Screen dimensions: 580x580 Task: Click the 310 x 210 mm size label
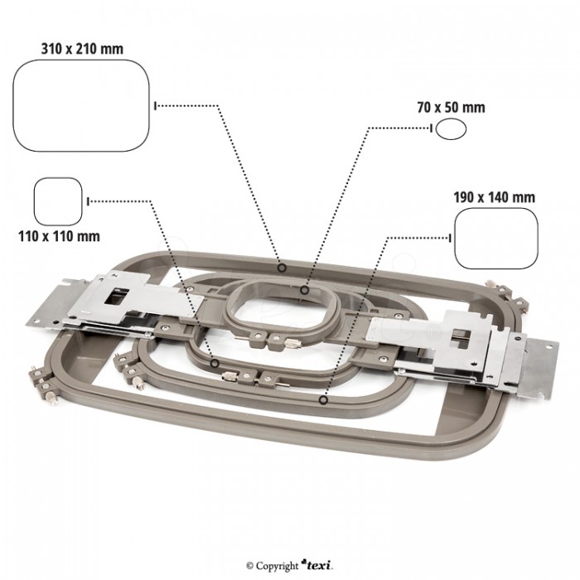[x=82, y=48]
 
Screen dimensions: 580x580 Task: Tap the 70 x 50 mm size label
[x=451, y=108]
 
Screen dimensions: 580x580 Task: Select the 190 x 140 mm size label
[x=494, y=198]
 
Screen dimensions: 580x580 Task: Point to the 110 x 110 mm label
[x=59, y=236]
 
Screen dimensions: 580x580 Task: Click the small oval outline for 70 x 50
[x=451, y=128]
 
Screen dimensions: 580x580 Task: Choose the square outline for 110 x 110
[x=58, y=201]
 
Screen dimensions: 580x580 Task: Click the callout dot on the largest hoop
[x=283, y=268]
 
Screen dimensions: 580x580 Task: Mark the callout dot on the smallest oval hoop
[x=306, y=291]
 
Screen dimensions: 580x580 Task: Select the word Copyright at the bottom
[x=278, y=565]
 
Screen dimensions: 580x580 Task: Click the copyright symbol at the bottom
[x=249, y=565]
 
